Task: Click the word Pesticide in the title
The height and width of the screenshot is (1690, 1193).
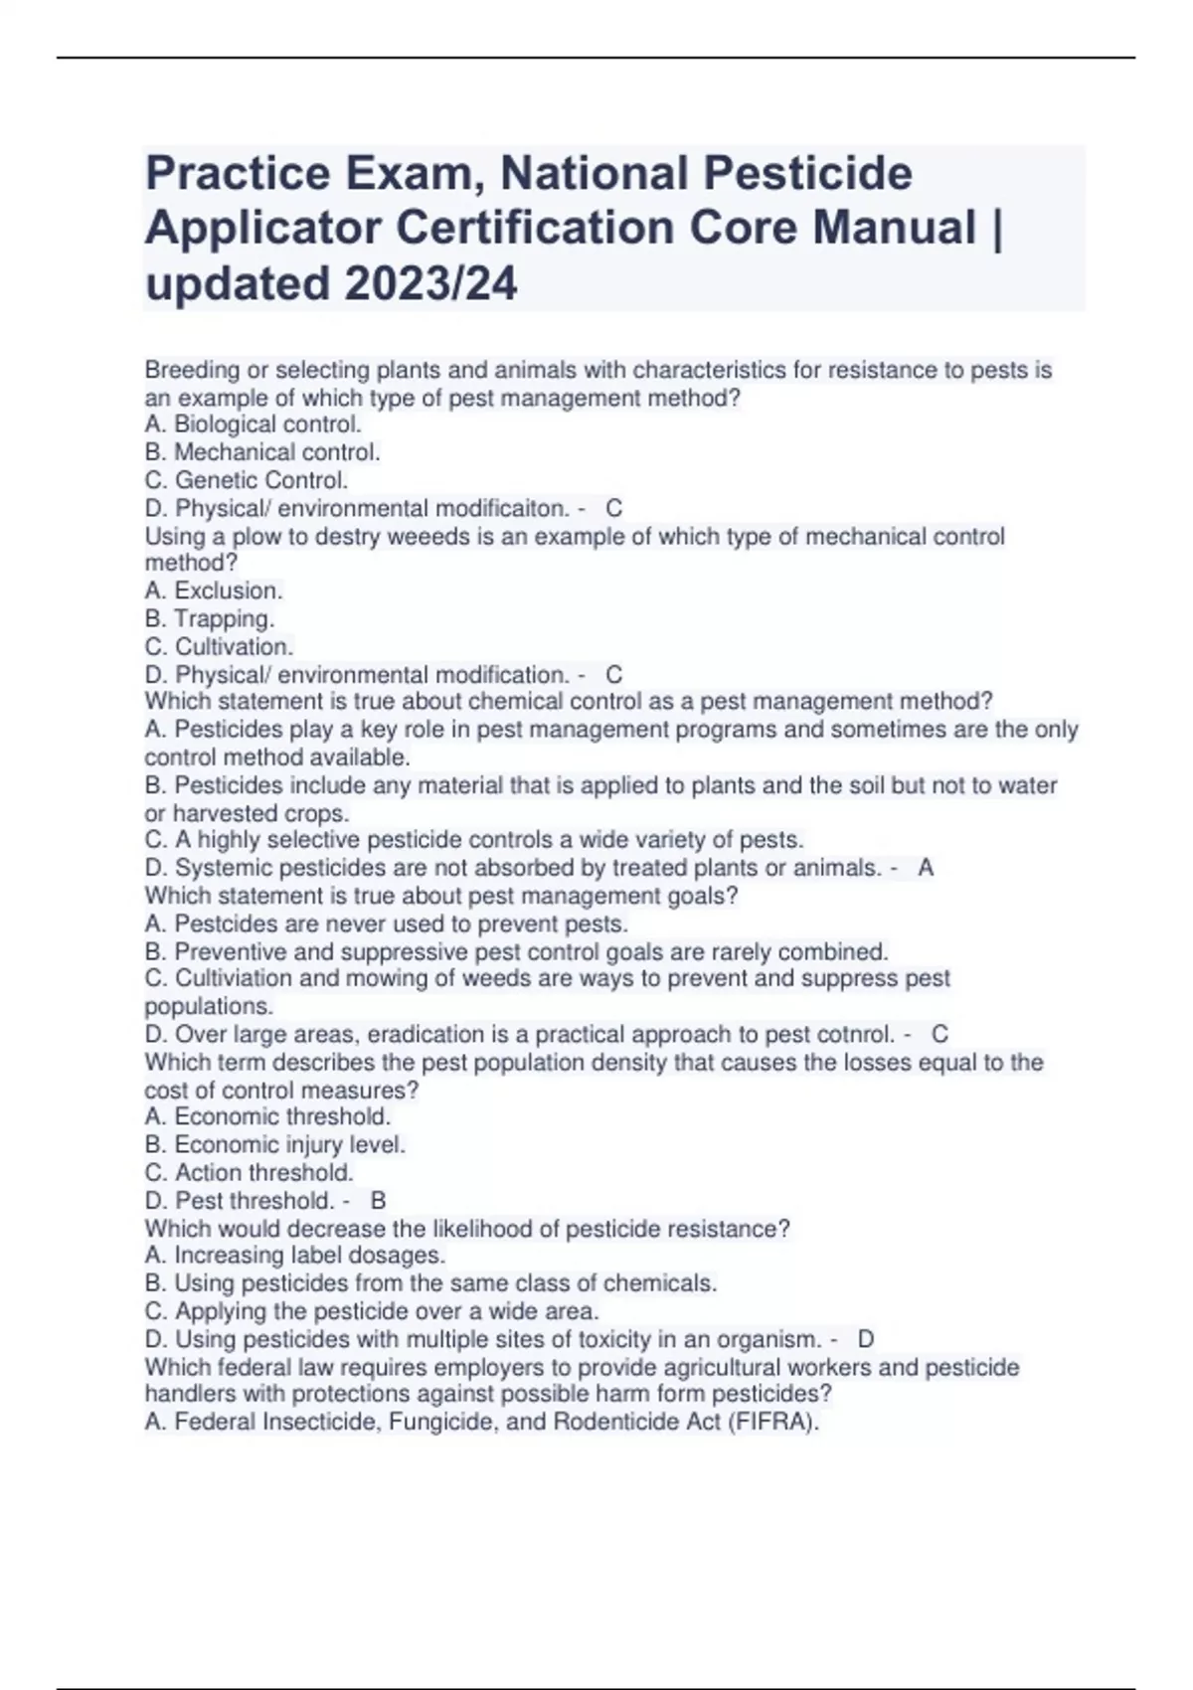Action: click(x=808, y=174)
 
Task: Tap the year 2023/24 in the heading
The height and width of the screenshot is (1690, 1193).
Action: click(x=430, y=284)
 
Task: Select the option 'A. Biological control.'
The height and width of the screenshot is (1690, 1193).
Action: click(x=253, y=424)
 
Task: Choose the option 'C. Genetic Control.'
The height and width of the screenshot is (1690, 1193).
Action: click(x=247, y=480)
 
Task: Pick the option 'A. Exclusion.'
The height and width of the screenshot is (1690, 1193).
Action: click(x=214, y=591)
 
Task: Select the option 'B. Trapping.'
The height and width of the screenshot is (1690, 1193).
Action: click(x=210, y=618)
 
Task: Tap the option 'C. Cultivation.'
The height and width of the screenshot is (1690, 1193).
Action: click(x=219, y=646)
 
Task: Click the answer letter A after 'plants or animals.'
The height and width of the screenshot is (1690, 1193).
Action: click(x=926, y=868)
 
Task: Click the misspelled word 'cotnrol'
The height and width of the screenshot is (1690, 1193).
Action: click(x=857, y=1034)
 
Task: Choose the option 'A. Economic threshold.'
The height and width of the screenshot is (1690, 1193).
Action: click(x=267, y=1116)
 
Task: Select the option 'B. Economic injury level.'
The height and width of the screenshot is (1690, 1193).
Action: click(x=275, y=1144)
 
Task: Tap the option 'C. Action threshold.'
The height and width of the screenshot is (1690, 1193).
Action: click(x=249, y=1172)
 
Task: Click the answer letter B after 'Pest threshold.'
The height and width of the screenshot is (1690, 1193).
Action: click(x=378, y=1200)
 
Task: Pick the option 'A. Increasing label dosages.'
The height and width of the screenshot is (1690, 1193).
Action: click(x=295, y=1255)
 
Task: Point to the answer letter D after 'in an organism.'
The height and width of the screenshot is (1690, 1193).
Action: click(x=866, y=1339)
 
